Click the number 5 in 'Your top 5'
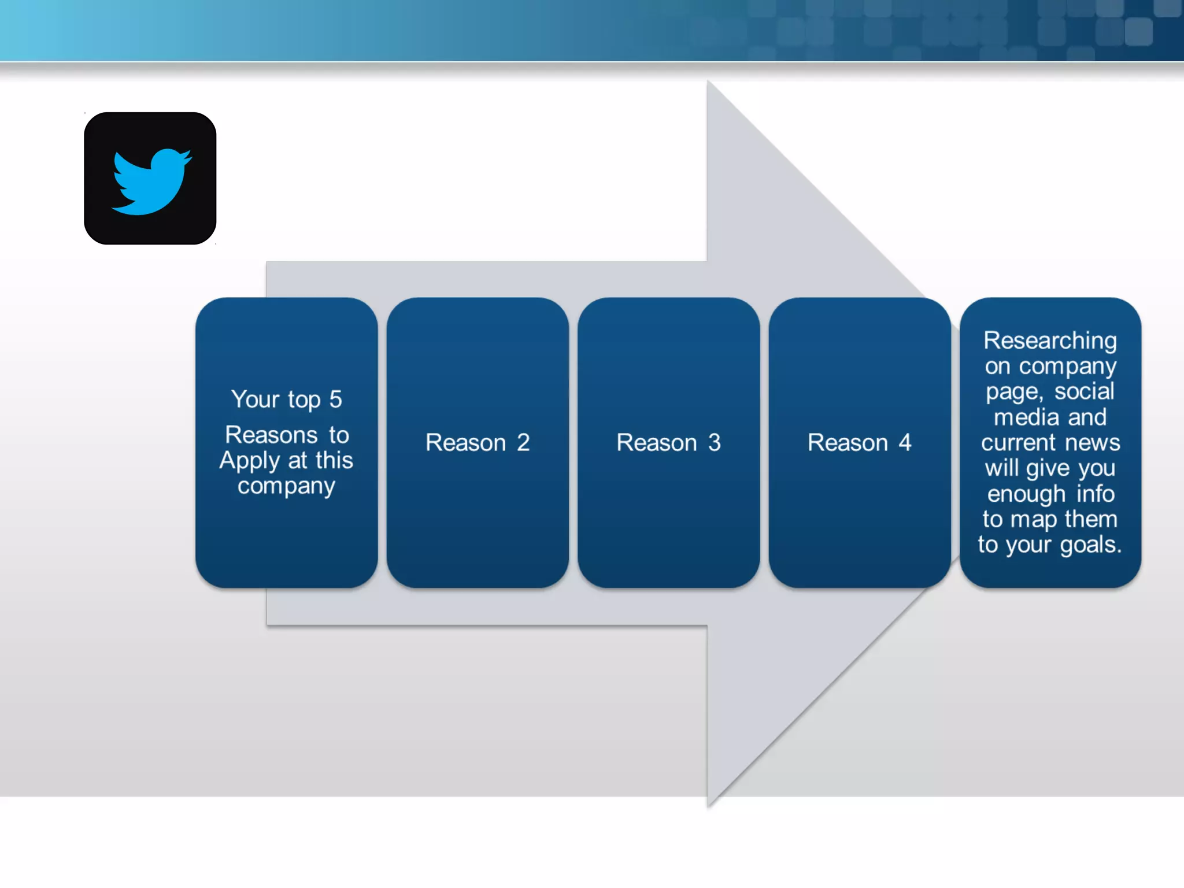[335, 399]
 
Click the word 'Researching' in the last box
[1050, 341]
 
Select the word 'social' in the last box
[1084, 391]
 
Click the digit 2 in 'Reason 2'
[523, 443]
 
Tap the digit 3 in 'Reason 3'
[715, 443]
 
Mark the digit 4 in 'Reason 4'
[905, 443]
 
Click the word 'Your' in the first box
[255, 399]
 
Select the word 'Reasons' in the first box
[271, 435]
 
